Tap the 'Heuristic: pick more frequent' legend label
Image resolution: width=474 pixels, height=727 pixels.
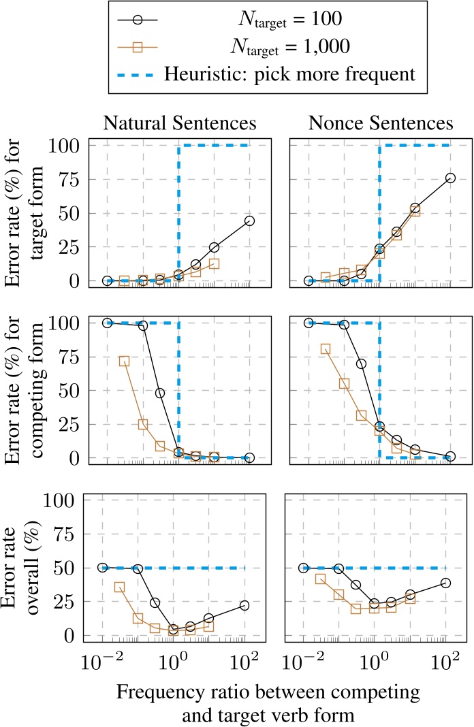coord(298,75)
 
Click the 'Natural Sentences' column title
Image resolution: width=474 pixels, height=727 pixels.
coord(180,123)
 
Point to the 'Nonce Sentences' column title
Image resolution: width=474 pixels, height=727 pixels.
coord(381,123)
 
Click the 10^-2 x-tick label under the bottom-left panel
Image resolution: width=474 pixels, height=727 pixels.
coord(102,661)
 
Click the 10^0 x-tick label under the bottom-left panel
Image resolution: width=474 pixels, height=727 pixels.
coord(173,661)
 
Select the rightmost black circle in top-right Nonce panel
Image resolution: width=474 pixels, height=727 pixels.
coord(450,178)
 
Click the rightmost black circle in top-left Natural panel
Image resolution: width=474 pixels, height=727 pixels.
coord(249,221)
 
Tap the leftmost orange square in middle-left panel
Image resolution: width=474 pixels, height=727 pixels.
coord(124,361)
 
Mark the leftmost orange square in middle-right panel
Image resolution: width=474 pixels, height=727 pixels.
coord(326,349)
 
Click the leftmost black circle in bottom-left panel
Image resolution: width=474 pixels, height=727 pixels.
coord(103,567)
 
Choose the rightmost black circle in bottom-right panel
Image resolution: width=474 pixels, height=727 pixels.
coord(445,583)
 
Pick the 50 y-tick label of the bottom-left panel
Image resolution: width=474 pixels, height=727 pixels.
coord(69,568)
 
